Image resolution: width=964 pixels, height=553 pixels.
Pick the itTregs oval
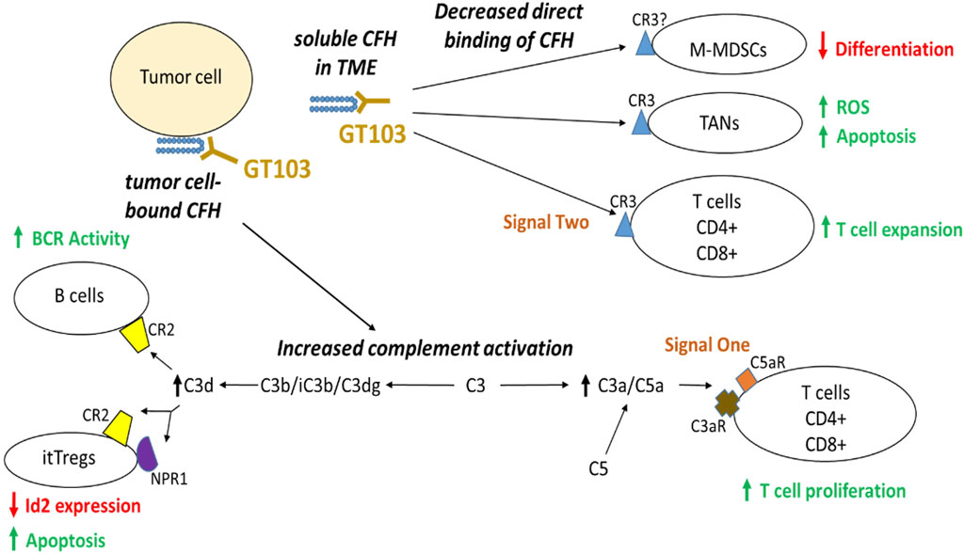[67, 462]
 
